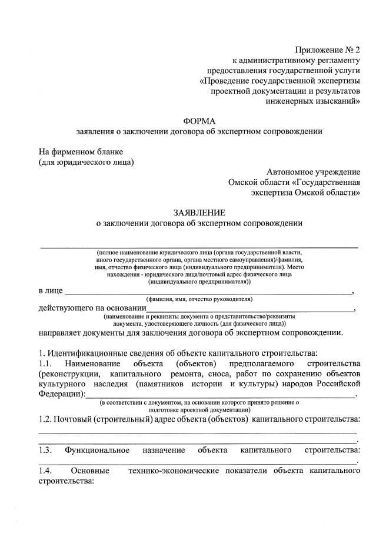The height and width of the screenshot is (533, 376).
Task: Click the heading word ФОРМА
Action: [199, 121]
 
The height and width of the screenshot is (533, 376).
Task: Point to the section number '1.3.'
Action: [46, 451]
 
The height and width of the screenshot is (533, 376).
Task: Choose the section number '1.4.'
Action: [46, 472]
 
